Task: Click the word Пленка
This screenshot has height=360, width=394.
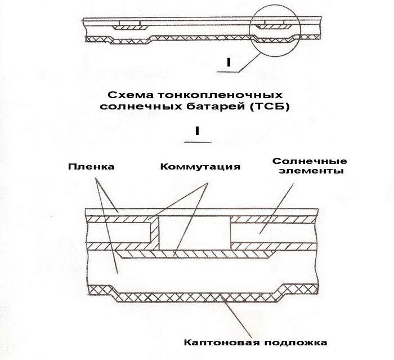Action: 91,167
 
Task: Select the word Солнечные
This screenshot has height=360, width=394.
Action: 305,161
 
